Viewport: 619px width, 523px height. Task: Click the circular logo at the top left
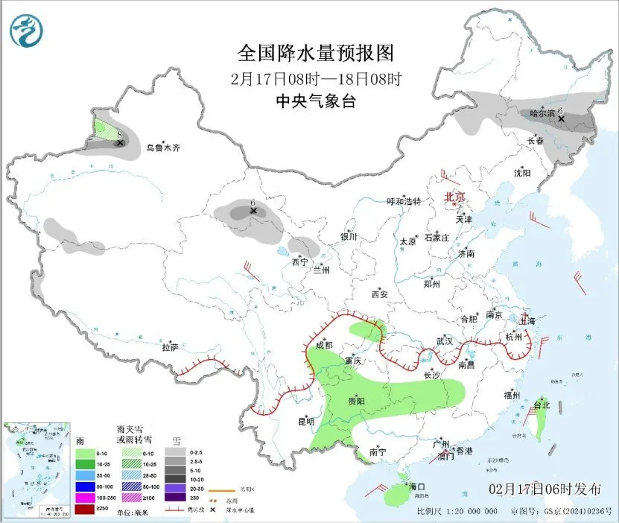point(27,31)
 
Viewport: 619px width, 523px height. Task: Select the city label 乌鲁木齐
point(162,148)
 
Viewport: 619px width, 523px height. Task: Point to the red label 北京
point(454,197)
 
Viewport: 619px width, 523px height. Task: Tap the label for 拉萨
point(170,347)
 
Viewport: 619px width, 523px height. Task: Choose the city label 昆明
point(306,422)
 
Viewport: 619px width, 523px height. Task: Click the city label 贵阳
point(356,401)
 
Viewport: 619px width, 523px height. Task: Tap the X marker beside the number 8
point(120,142)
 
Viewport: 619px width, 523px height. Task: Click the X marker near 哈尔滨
point(562,118)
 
